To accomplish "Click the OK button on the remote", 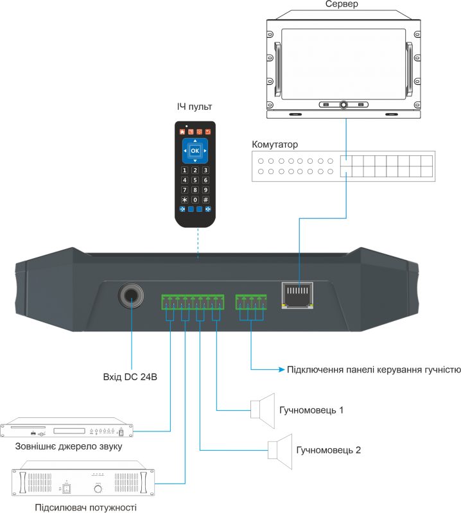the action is pyautogui.click(x=195, y=150).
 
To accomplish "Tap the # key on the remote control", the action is pyautogui.click(x=205, y=200).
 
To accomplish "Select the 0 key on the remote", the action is pyautogui.click(x=195, y=200).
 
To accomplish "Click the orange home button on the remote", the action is pyautogui.click(x=182, y=132).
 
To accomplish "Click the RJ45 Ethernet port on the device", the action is pyautogui.click(x=297, y=295).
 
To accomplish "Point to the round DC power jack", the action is pyautogui.click(x=131, y=295).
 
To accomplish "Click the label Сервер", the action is pyautogui.click(x=342, y=4).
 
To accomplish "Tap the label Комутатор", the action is pyautogui.click(x=275, y=144).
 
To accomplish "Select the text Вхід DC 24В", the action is pyautogui.click(x=130, y=377).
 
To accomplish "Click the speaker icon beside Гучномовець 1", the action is pyautogui.click(x=263, y=411).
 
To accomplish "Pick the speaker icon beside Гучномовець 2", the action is pyautogui.click(x=280, y=451).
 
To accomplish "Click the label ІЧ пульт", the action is pyautogui.click(x=195, y=107).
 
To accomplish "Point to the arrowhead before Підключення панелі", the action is pyautogui.click(x=282, y=370).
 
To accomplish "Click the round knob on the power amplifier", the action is pyautogui.click(x=98, y=489).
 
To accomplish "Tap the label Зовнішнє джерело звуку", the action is pyautogui.click(x=69, y=446).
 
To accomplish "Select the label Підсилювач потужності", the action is pyautogui.click(x=86, y=507).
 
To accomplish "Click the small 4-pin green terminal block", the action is pyautogui.click(x=251, y=302).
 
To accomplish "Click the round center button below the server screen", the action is pyautogui.click(x=344, y=105).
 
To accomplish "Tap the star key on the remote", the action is pyautogui.click(x=184, y=200).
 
